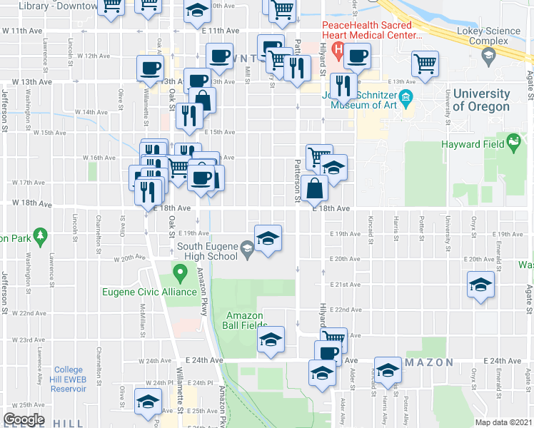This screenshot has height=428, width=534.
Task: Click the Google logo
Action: [24, 419]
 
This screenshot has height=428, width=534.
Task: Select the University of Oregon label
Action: [481, 101]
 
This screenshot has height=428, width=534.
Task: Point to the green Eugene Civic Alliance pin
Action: [180, 273]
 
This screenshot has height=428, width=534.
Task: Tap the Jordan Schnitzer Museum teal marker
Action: [406, 98]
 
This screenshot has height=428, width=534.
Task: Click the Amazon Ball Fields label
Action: [245, 321]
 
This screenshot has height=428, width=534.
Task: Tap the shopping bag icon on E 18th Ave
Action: [315, 189]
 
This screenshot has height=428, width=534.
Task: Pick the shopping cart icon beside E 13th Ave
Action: [425, 63]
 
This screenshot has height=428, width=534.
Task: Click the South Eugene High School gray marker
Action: [248, 249]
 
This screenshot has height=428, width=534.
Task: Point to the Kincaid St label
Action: [371, 227]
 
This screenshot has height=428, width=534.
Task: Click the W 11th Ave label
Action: [23, 31]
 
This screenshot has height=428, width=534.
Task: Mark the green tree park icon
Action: [40, 235]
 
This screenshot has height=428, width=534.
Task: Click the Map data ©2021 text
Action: [503, 422]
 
